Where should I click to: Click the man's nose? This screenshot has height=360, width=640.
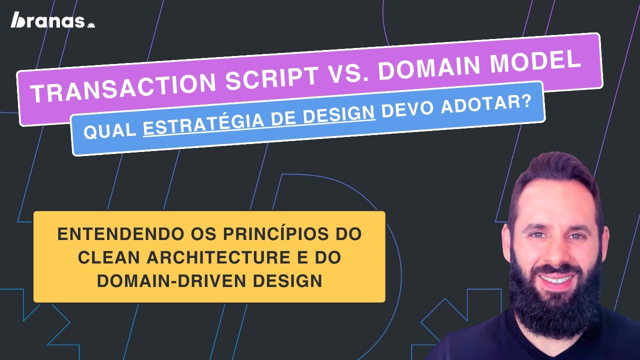[x=555, y=249]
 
